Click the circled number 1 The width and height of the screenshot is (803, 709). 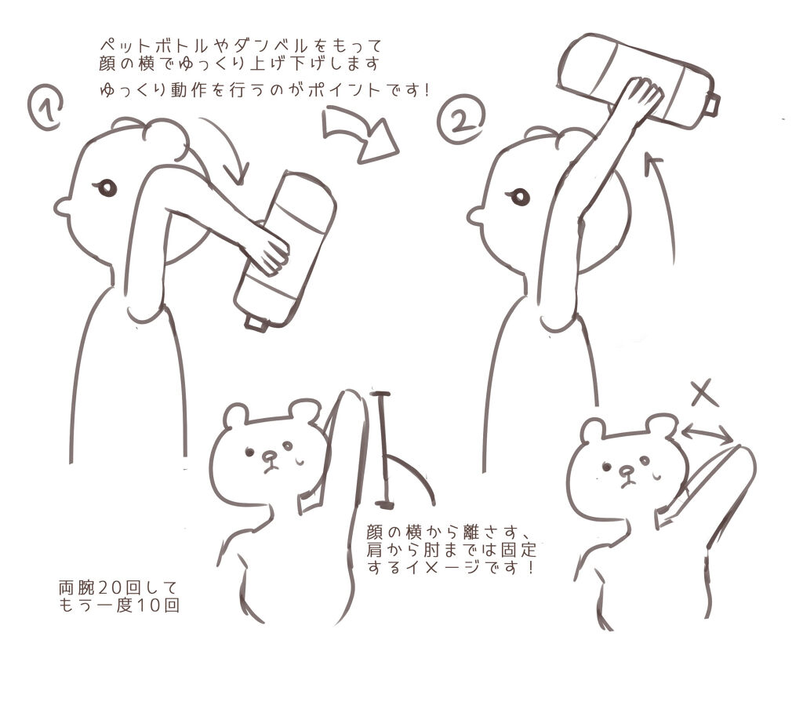coord(45,107)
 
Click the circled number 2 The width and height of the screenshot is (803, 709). coord(461,119)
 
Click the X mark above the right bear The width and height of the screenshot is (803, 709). coord(704,394)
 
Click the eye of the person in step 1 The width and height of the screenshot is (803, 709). coord(106,188)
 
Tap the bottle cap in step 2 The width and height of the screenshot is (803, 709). coord(712,104)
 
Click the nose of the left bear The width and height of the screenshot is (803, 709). coord(270,455)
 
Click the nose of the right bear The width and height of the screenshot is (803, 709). coord(625,471)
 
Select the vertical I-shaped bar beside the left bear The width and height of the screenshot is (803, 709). coord(383,449)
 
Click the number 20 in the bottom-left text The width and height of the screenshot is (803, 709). coord(108,587)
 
